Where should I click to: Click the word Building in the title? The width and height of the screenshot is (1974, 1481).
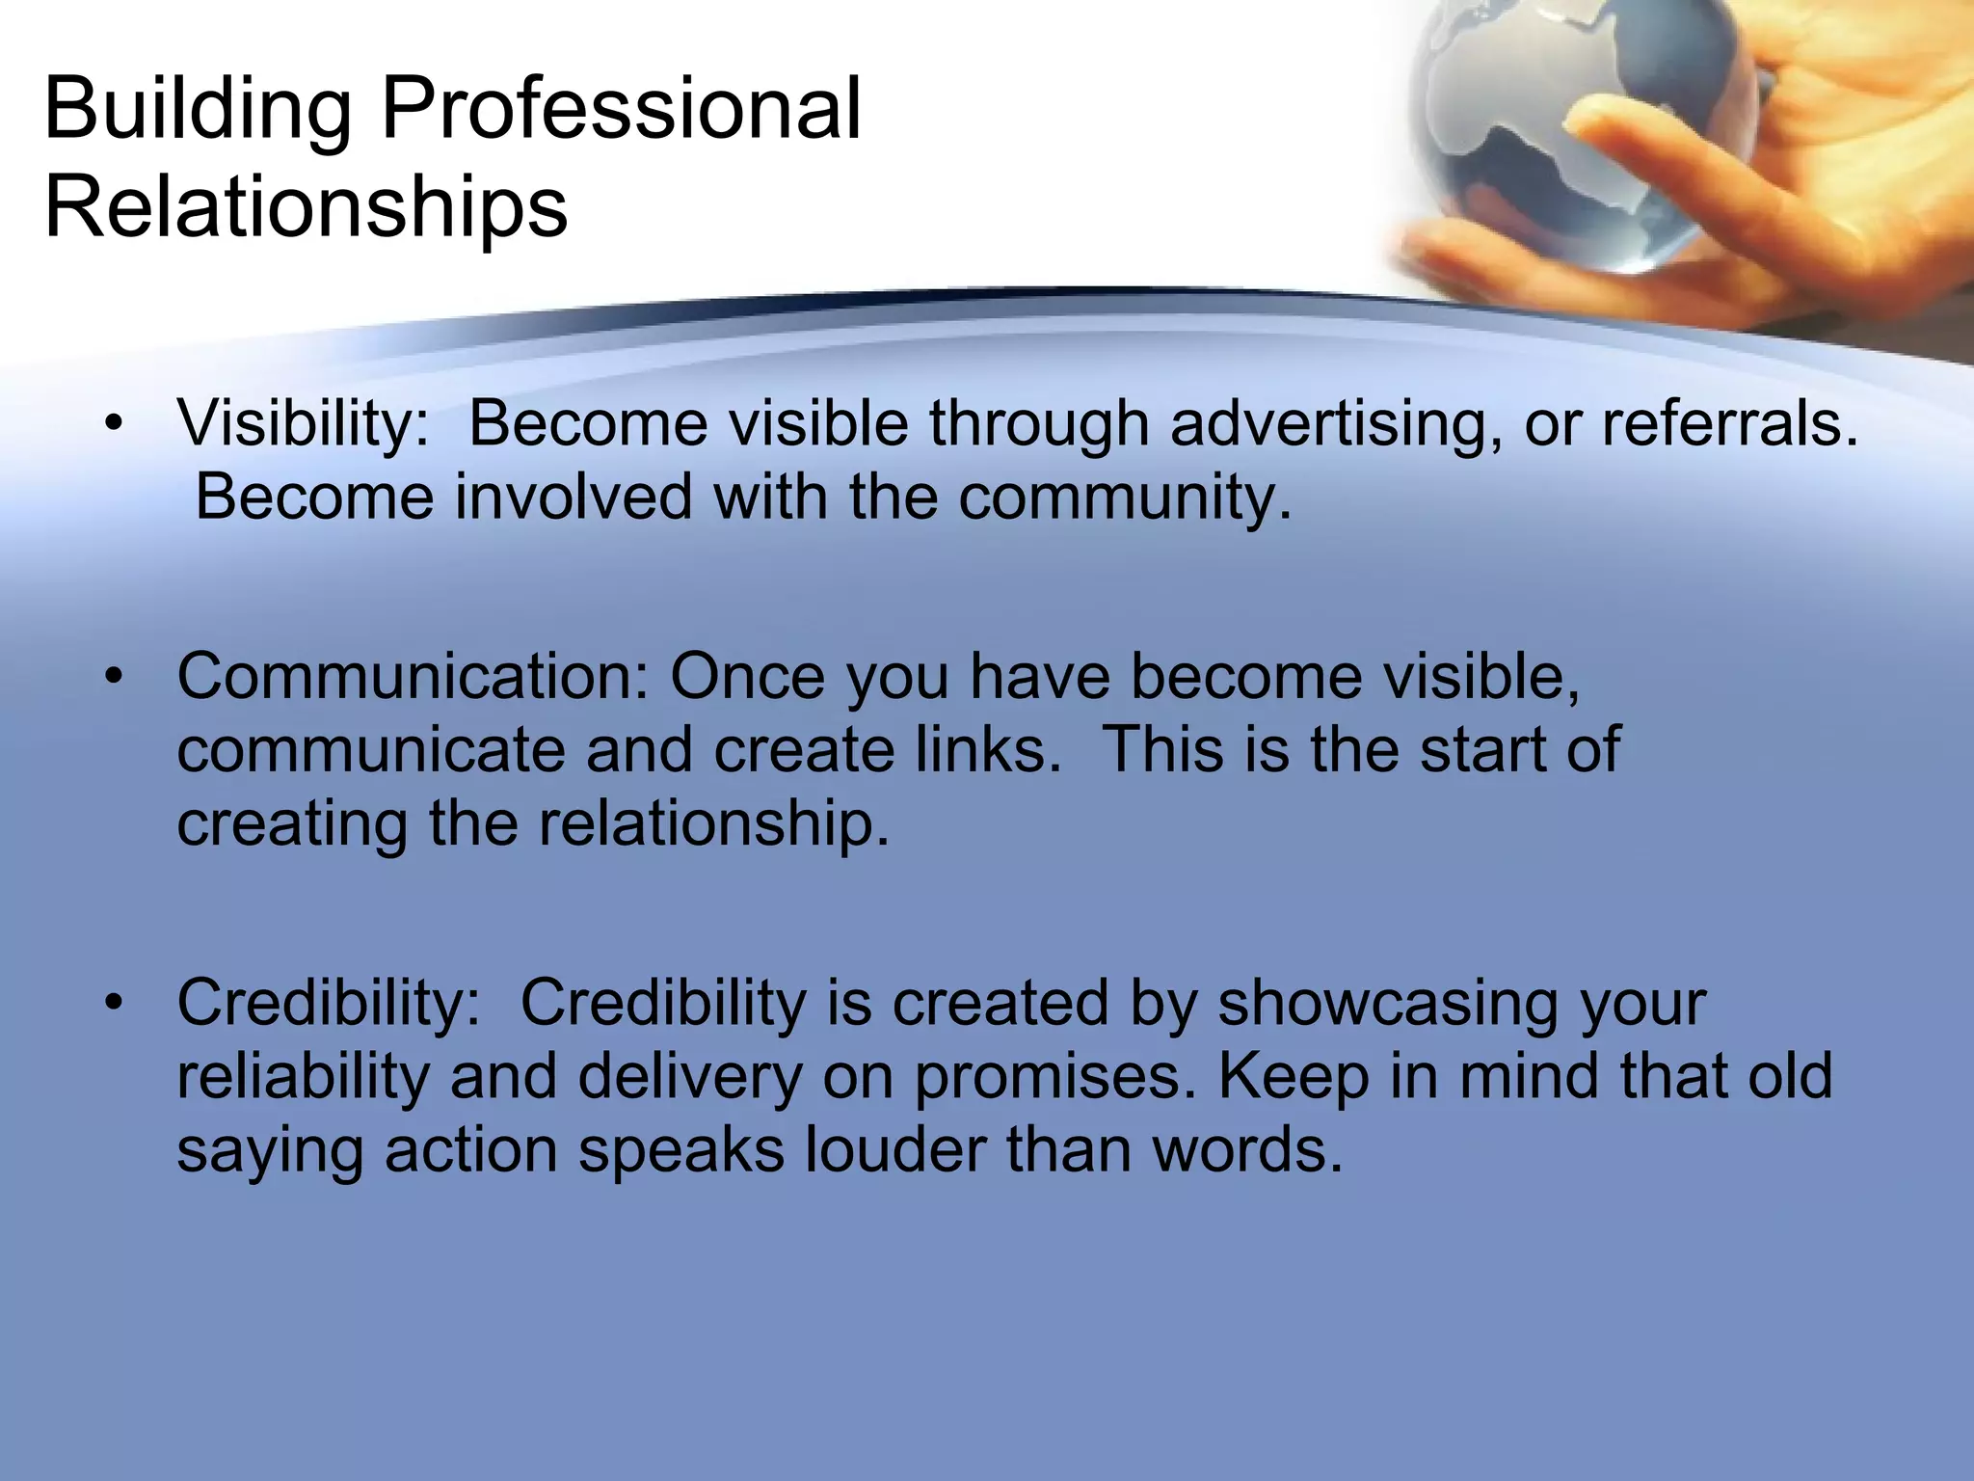click(198, 110)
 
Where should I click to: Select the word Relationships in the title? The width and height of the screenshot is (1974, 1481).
click(307, 208)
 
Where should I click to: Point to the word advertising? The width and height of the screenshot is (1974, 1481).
click(1334, 424)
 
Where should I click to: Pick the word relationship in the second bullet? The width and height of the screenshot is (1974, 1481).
click(713, 824)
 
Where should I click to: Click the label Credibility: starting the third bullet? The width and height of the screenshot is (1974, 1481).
click(329, 1003)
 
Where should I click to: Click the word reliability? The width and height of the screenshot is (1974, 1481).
click(303, 1077)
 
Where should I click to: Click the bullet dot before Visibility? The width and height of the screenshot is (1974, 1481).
click(115, 424)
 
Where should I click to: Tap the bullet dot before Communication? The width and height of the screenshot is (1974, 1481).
click(115, 677)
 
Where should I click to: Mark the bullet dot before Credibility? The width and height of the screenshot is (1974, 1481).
click(115, 1004)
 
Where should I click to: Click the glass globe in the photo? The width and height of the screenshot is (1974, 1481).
click(1561, 135)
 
